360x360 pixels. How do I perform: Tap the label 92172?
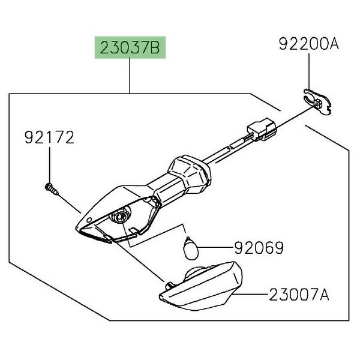click(49, 138)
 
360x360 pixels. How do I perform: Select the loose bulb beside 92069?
click(189, 245)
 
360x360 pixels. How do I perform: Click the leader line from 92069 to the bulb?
click(216, 247)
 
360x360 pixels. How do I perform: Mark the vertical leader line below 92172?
click(49, 165)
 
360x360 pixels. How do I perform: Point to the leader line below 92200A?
click(307, 72)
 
